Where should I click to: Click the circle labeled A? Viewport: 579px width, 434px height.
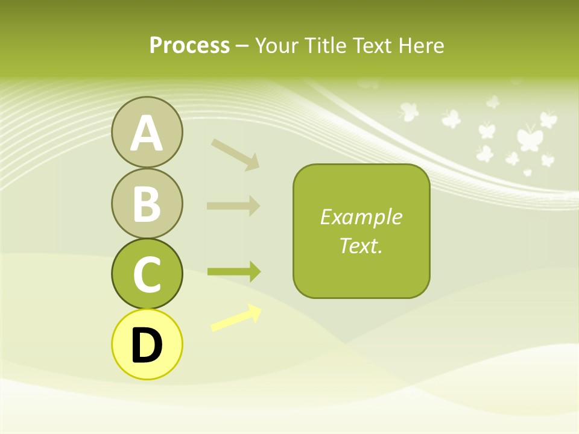point(147,133)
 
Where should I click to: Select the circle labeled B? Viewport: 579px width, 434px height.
point(147,203)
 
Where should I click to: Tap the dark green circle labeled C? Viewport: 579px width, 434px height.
point(147,274)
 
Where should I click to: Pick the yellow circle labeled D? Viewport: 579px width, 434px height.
point(147,344)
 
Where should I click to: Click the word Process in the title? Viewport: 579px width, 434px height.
point(189,46)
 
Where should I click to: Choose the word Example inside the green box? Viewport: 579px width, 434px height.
point(361,217)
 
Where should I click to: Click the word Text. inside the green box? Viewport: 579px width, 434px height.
point(361,246)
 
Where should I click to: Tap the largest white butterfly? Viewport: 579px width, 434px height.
point(529,137)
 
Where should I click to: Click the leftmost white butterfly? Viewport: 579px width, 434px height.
point(408,112)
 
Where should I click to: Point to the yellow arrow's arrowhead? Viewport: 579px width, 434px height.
point(255,312)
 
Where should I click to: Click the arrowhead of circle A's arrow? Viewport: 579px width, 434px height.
point(253,162)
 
